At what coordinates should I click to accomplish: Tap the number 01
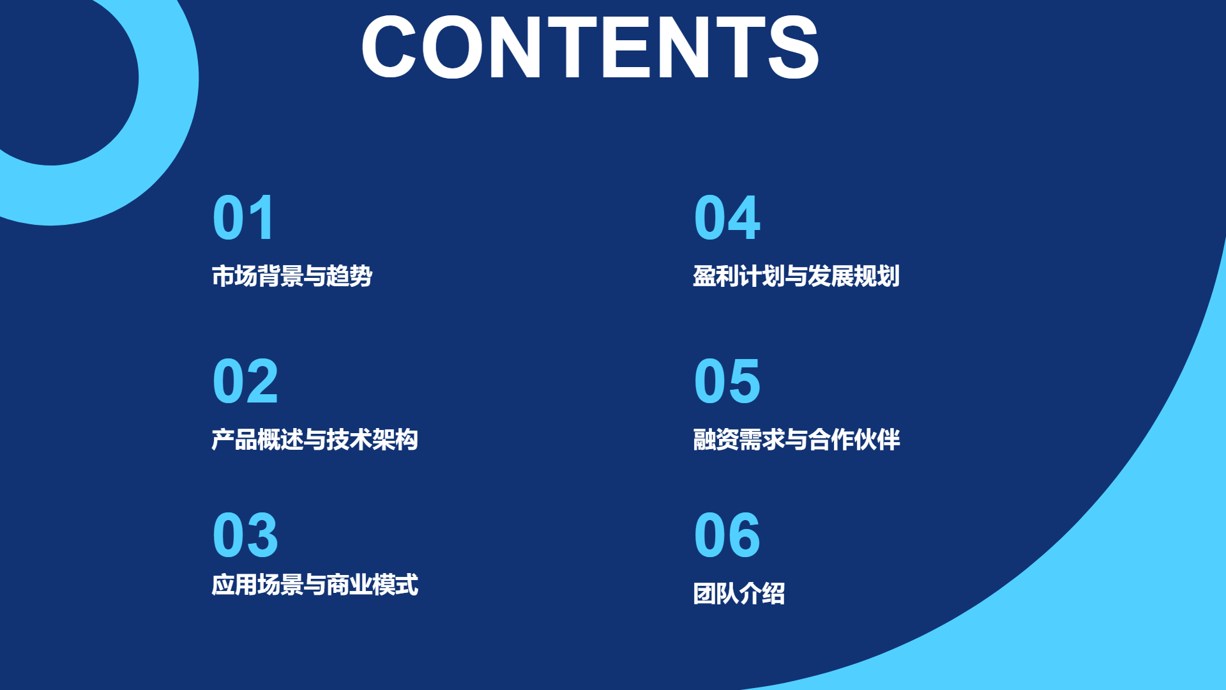(x=244, y=218)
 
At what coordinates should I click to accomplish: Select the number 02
(x=245, y=381)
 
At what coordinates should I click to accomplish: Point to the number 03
(x=245, y=535)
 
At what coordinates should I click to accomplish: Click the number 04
(x=727, y=218)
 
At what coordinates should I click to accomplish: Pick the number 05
(x=727, y=381)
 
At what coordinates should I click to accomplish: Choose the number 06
(x=727, y=535)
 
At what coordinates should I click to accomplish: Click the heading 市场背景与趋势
(x=292, y=276)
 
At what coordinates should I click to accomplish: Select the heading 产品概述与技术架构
(x=315, y=440)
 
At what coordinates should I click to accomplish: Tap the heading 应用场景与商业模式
(x=315, y=585)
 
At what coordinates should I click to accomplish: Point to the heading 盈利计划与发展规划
(x=796, y=276)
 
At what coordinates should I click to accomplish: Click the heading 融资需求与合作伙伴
(x=796, y=440)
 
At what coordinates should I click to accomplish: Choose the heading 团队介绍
(x=739, y=594)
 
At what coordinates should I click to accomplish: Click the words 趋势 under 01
(x=349, y=276)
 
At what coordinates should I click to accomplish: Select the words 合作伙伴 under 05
(x=854, y=440)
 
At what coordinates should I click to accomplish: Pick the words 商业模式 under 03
(x=372, y=585)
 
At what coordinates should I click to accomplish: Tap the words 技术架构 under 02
(x=372, y=440)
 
